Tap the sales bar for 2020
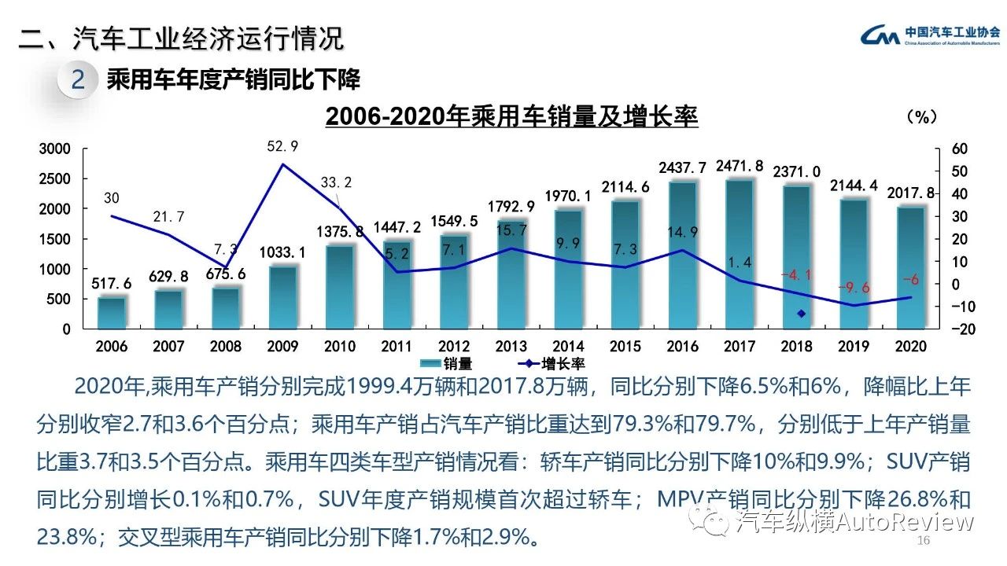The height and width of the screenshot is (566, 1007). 910,267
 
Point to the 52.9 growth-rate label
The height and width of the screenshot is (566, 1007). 283,146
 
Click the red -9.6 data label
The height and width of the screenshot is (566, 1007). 854,287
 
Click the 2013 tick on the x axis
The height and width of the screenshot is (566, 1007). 511,347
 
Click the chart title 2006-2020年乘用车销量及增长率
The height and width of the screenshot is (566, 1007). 511,117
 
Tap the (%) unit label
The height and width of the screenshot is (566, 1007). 922,117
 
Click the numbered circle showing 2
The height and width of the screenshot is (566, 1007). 78,80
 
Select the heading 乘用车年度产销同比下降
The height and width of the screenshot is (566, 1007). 233,79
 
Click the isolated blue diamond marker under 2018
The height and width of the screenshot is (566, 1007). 802,314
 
